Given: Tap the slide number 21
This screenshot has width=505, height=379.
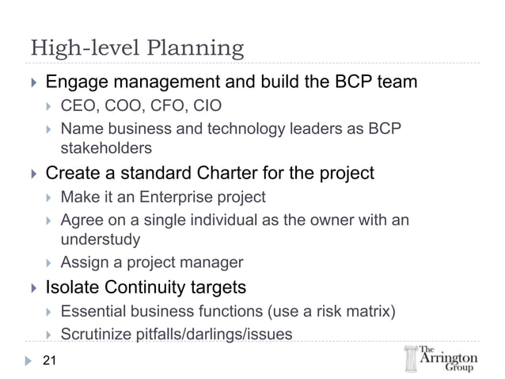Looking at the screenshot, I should tap(51, 362).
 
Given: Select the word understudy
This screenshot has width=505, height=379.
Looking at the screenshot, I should tap(101, 239).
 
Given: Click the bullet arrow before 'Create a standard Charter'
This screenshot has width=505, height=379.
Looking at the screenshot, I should tap(32, 174).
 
